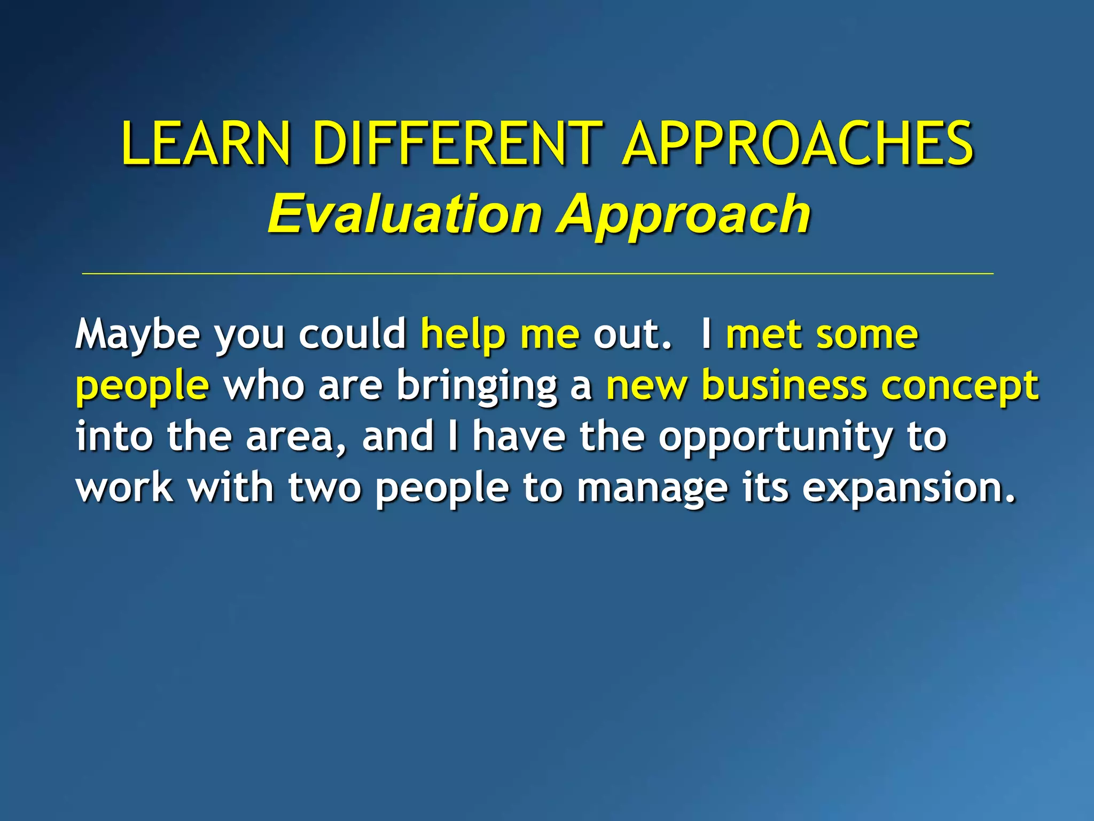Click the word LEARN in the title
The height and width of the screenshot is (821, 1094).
tap(206, 143)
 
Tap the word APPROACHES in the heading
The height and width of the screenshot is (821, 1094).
tap(799, 143)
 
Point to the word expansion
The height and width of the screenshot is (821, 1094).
tap(908, 488)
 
